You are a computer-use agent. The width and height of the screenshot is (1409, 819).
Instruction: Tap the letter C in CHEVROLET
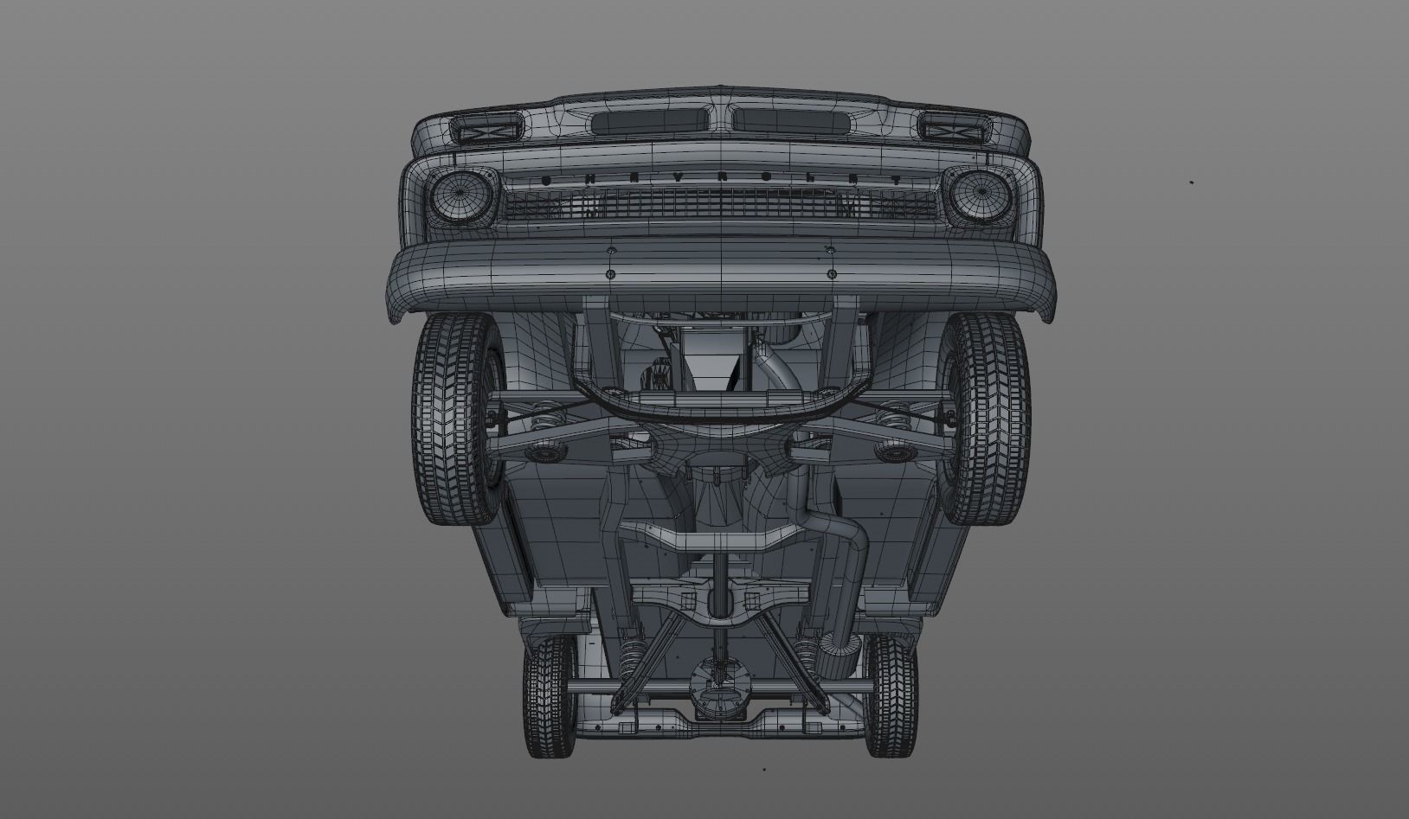tap(546, 179)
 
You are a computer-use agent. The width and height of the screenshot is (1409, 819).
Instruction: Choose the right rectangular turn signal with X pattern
tap(951, 129)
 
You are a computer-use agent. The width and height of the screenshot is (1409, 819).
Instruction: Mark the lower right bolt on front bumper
tap(832, 273)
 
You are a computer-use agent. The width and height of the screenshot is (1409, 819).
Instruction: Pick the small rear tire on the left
tap(549, 696)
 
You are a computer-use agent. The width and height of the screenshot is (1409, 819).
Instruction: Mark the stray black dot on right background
tap(1192, 182)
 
